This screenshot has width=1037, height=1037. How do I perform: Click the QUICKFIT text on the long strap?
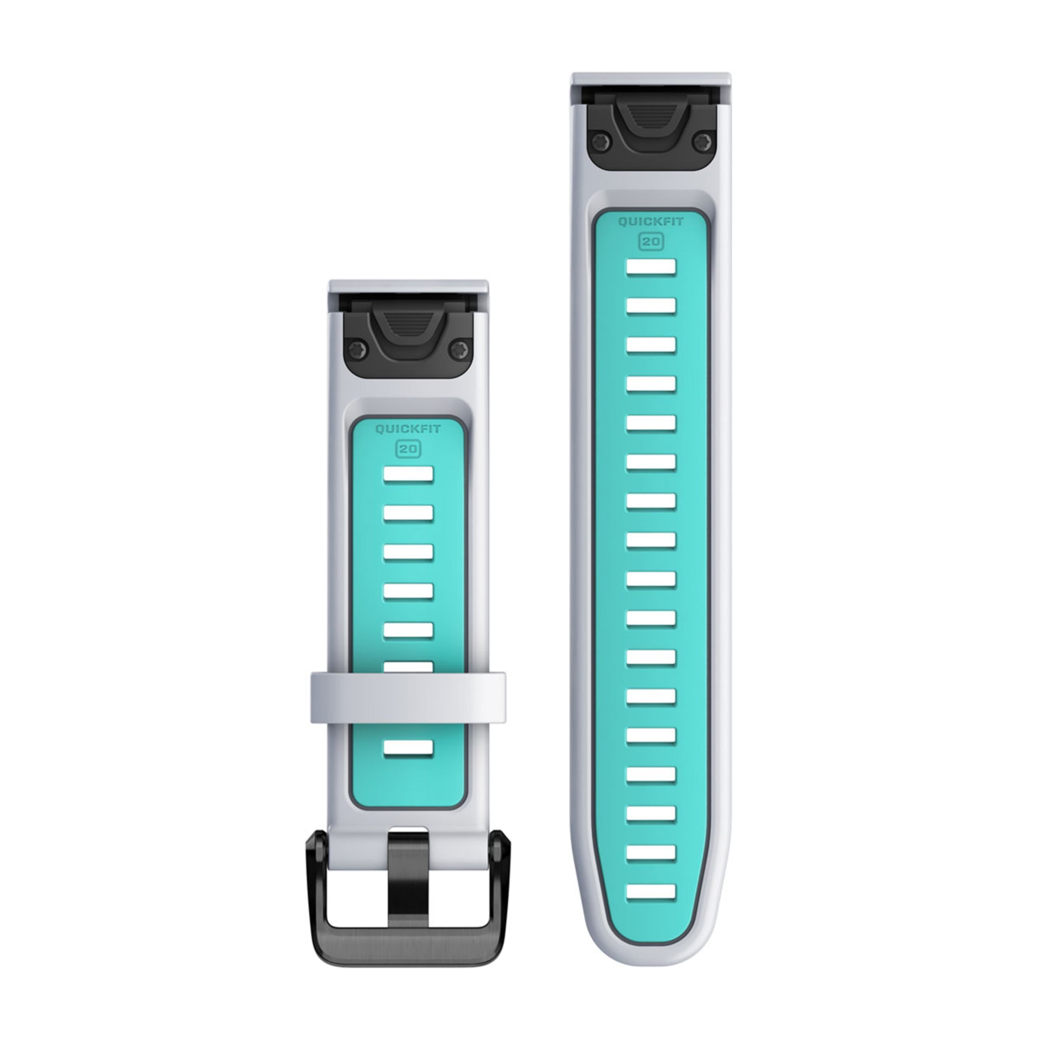[651, 222]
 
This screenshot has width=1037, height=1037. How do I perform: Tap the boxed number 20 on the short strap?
[408, 449]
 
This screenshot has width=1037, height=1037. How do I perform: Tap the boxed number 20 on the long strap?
[651, 242]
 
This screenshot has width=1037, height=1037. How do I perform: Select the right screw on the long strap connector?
[703, 142]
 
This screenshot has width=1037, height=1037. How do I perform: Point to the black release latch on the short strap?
[408, 327]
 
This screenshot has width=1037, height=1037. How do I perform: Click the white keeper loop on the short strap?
[408, 698]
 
